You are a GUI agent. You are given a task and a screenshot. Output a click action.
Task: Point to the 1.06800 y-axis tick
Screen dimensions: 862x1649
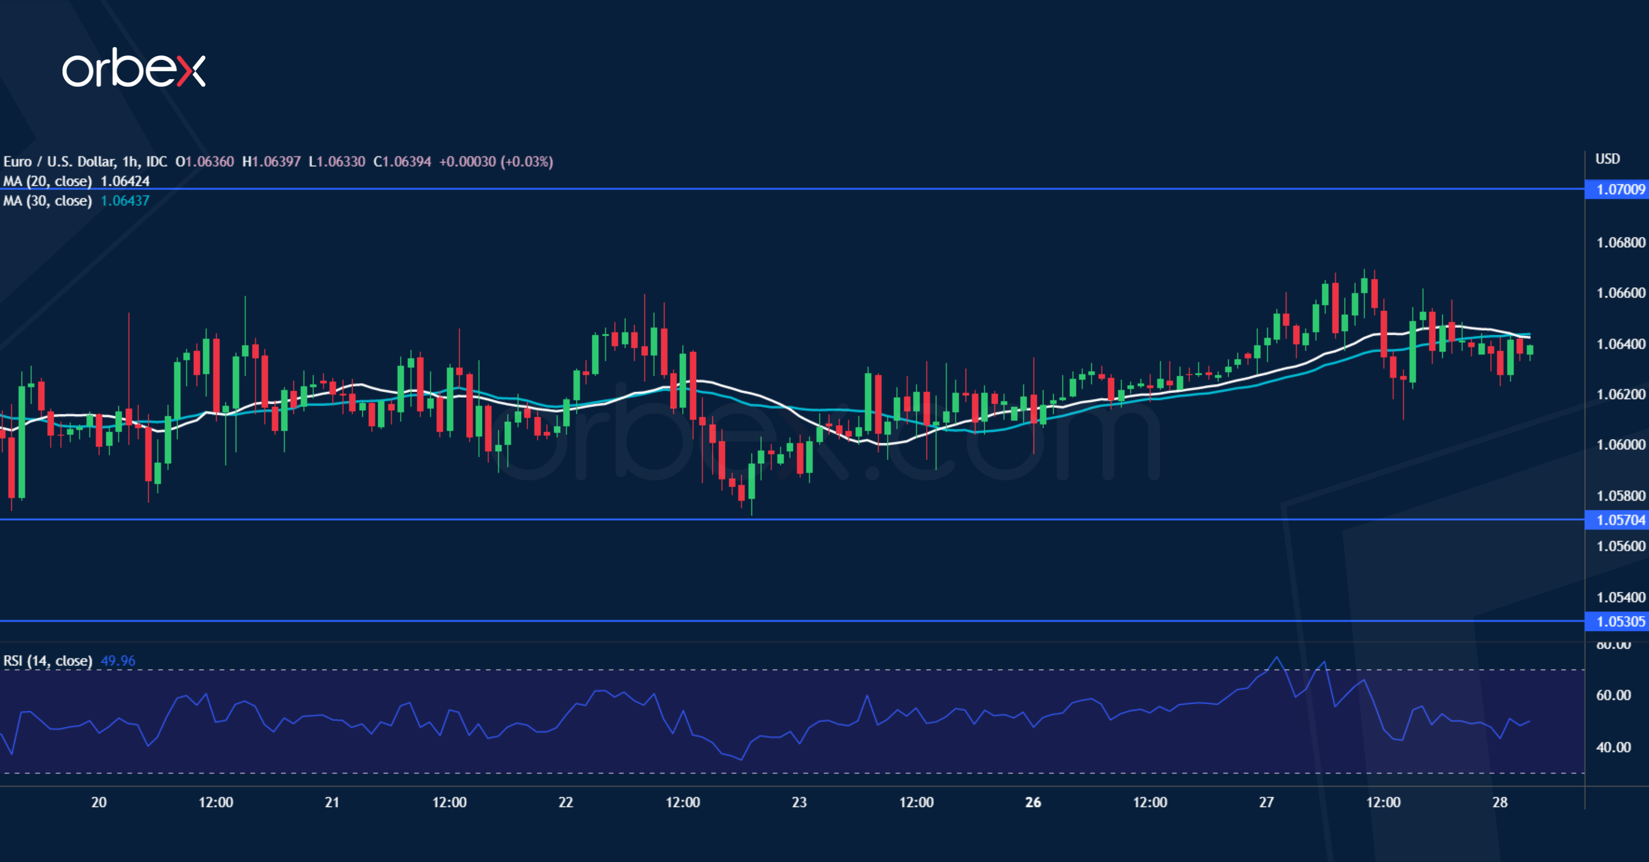click(x=1620, y=242)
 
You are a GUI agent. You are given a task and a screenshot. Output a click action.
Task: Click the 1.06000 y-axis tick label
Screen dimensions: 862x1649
click(x=1620, y=444)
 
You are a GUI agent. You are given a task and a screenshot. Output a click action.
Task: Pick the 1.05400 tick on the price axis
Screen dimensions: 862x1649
click(x=1620, y=597)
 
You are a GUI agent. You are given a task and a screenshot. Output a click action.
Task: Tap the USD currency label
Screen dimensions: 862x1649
click(x=1607, y=159)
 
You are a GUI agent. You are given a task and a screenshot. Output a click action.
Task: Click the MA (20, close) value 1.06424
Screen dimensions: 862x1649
click(x=125, y=181)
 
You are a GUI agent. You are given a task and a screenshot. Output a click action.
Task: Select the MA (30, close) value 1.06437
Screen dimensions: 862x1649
click(x=125, y=201)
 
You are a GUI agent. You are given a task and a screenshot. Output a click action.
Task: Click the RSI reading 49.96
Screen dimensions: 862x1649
click(x=118, y=660)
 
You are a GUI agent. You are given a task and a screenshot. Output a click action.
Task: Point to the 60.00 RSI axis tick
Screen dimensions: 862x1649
click(x=1613, y=695)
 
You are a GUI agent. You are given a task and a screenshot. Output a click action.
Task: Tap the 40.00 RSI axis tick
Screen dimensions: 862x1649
click(x=1613, y=747)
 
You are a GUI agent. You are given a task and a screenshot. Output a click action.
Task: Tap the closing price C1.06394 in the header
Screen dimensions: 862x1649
click(x=402, y=161)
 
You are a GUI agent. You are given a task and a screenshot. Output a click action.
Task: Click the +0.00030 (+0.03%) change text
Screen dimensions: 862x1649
click(x=496, y=161)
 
